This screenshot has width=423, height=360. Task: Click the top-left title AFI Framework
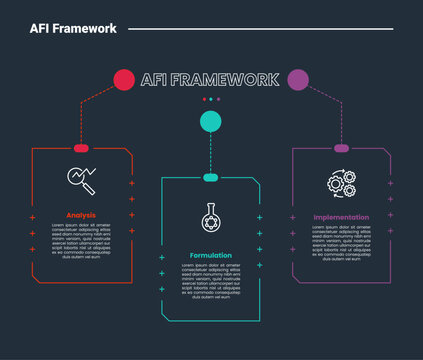[x=73, y=29]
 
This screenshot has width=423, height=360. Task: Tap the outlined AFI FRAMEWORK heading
[x=210, y=79]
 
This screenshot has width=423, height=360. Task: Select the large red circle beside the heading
[x=124, y=79]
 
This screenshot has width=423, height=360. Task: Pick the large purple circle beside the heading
[x=298, y=79]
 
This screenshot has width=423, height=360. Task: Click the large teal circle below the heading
[x=210, y=122]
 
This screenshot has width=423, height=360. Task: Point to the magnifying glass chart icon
[x=81, y=179]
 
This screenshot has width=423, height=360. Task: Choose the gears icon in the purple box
[x=341, y=181]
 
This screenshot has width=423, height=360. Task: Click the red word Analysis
[x=81, y=215]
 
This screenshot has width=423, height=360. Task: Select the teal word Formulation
[x=210, y=255]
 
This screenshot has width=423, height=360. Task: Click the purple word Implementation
[x=341, y=217]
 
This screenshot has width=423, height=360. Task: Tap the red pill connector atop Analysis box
[x=81, y=148]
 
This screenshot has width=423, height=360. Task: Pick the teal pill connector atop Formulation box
[x=210, y=177]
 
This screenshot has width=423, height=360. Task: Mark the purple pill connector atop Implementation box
[x=341, y=148]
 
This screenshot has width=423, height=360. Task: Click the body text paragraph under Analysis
[x=81, y=241]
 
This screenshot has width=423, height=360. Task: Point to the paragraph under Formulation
[x=210, y=280]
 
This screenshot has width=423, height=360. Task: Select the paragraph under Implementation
[x=341, y=241]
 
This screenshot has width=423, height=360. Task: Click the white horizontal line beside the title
[x=260, y=29]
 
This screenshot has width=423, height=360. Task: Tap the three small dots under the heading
[x=210, y=99]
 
